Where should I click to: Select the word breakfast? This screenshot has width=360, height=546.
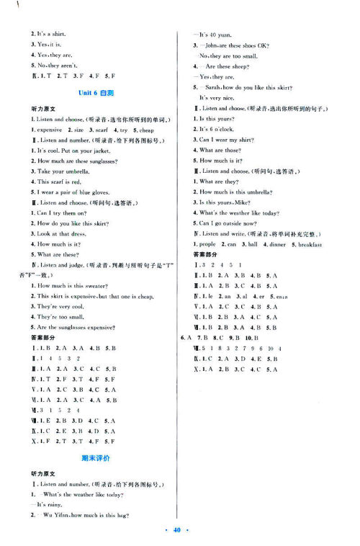[x=307, y=245]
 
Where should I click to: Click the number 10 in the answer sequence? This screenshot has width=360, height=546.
[x=266, y=349]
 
